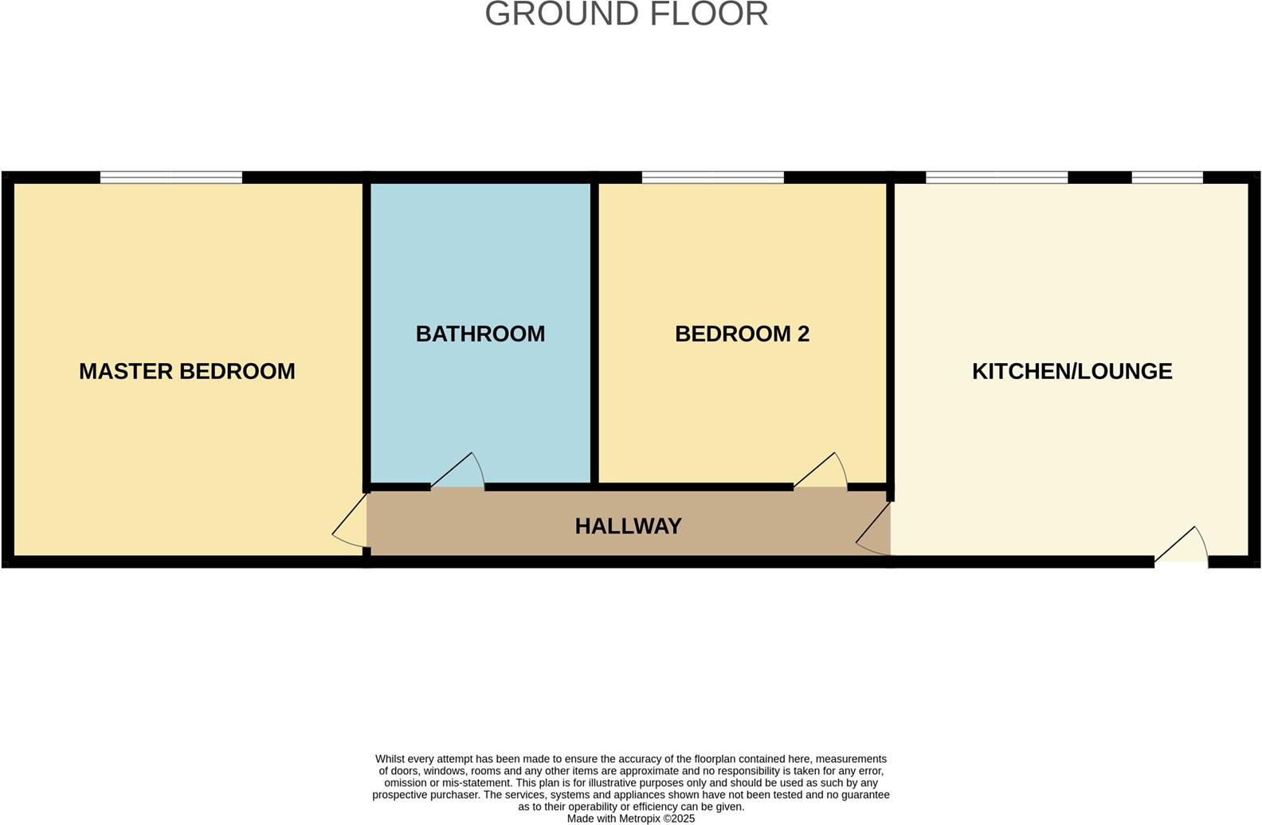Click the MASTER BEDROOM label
(187, 371)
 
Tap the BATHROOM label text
(480, 334)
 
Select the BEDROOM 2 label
(742, 334)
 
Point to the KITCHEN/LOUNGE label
(1072, 371)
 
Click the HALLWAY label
(628, 526)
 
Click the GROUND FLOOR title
(626, 14)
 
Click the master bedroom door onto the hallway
(351, 526)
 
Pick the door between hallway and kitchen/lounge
(875, 530)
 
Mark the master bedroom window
(170, 178)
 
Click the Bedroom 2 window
(712, 178)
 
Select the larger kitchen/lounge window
(996, 178)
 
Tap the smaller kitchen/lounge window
(1166, 178)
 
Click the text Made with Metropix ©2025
(630, 819)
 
